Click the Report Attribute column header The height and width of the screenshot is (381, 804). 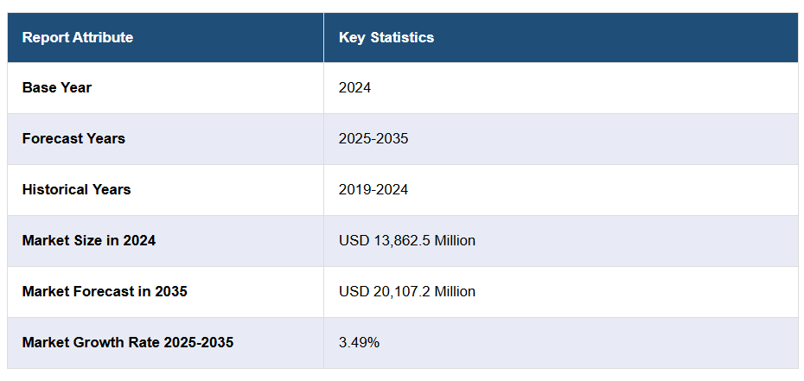pos(78,37)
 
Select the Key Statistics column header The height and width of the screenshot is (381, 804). pos(386,37)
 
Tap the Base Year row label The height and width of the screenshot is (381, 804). pos(57,87)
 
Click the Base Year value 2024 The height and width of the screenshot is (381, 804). pos(354,87)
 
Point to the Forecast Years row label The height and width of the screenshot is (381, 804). pos(73,138)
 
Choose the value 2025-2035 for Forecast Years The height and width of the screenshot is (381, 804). pos(373,138)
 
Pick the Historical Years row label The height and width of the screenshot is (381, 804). pos(76,189)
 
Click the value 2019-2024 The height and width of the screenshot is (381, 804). pos(373,189)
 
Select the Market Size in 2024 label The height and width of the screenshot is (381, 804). pos(89,240)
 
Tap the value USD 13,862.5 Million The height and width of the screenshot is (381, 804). pos(407,240)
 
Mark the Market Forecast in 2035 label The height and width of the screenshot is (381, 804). pos(105,291)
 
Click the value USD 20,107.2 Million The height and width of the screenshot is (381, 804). pos(407,291)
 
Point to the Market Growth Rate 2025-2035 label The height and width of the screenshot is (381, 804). pos(128,342)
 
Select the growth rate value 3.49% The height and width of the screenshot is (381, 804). pos(359,342)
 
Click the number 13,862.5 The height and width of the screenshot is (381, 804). pos(399,240)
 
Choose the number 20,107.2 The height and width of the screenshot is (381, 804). pos(399,291)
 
